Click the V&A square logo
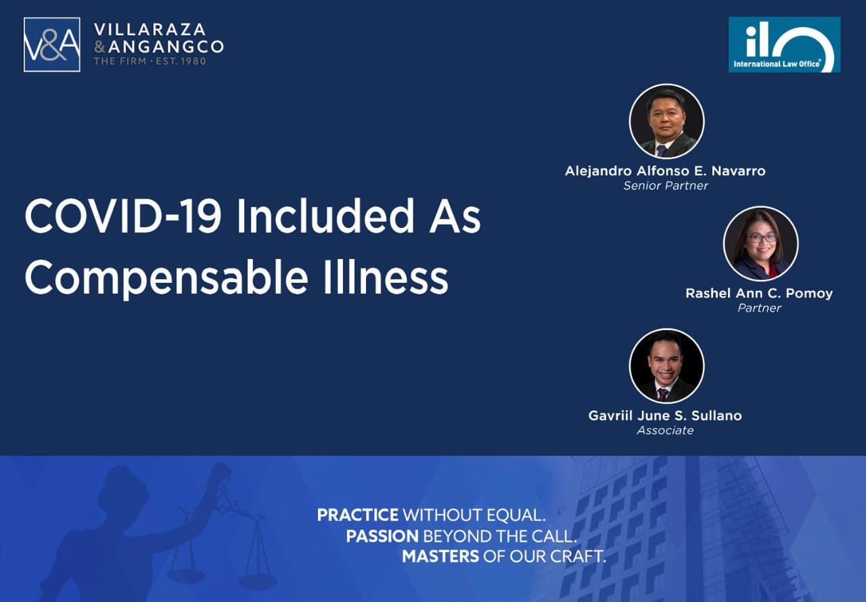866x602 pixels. click(x=52, y=45)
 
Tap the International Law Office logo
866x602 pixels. click(x=784, y=45)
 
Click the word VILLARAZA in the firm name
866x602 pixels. click(x=150, y=30)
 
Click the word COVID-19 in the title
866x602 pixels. click(x=123, y=216)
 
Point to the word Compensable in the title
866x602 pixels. click(x=166, y=278)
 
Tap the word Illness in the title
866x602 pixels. click(x=386, y=277)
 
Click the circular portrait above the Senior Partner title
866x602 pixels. click(x=667, y=121)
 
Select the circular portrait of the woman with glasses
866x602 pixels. click(x=761, y=244)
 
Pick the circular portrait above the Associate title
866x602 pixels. click(x=667, y=366)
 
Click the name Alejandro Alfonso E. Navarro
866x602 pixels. click(x=665, y=170)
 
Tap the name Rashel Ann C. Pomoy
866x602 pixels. click(x=759, y=294)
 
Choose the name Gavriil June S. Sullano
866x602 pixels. click(x=665, y=415)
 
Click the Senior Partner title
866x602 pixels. click(x=666, y=186)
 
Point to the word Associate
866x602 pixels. click(x=665, y=430)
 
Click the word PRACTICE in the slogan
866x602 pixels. click(x=358, y=515)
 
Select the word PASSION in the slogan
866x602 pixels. click(x=382, y=536)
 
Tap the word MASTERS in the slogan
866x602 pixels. click(x=440, y=557)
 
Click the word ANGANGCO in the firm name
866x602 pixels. click(x=166, y=47)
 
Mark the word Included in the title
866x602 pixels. click(x=325, y=216)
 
